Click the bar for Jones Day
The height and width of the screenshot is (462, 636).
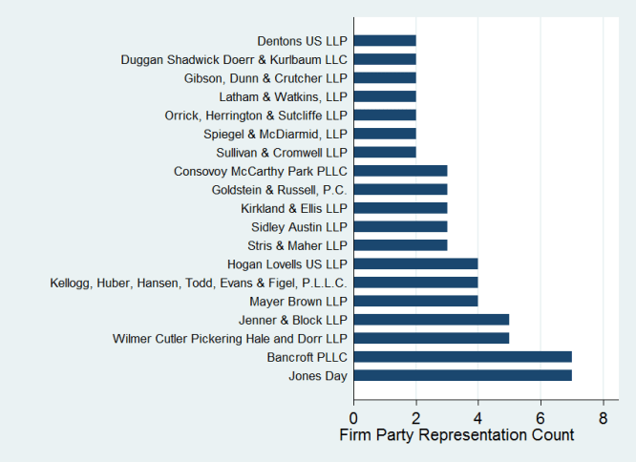click(x=462, y=375)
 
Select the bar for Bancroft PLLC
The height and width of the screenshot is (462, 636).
click(x=462, y=357)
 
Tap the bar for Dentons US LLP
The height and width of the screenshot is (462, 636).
click(x=385, y=41)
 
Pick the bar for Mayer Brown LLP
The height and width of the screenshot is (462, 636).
click(x=415, y=301)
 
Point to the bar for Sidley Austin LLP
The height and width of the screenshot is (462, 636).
click(x=400, y=226)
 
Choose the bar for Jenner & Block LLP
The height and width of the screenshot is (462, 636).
click(x=432, y=320)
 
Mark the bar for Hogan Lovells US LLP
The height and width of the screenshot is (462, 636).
click(x=415, y=263)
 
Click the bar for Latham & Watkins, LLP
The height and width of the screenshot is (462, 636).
click(x=385, y=96)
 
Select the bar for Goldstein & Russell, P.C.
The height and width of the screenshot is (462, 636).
click(x=400, y=190)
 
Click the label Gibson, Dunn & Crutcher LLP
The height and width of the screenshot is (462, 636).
click(x=266, y=78)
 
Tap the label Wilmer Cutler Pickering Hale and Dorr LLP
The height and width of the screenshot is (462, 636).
click(x=230, y=339)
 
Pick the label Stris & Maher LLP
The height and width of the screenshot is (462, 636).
click(x=298, y=245)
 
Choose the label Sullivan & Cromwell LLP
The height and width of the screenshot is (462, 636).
click(x=283, y=153)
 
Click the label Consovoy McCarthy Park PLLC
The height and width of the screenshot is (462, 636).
click(x=261, y=171)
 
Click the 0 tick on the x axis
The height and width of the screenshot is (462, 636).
click(x=353, y=417)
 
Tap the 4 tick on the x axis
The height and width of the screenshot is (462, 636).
click(x=478, y=417)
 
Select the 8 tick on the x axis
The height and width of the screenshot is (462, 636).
click(x=603, y=417)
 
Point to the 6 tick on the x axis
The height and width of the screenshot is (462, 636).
click(x=541, y=417)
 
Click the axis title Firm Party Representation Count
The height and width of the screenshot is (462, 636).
click(x=456, y=435)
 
